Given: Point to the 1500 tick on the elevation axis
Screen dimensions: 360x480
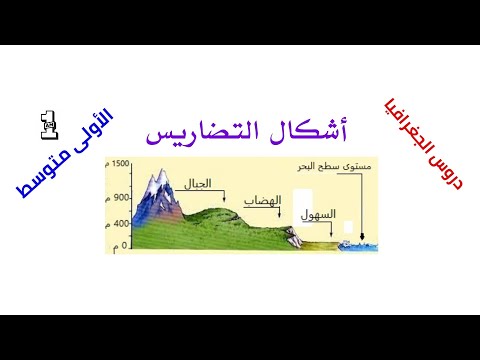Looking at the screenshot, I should tap(121, 163).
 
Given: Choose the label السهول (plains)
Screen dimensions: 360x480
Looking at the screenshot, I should tap(312, 214).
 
